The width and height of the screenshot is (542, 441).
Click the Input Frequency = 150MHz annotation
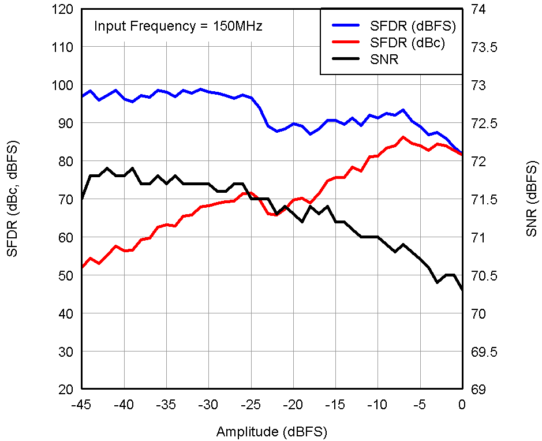click(x=178, y=27)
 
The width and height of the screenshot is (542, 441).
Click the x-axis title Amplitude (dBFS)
click(x=272, y=432)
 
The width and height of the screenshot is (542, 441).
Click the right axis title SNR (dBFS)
click(x=531, y=199)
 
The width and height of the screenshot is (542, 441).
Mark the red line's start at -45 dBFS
click(x=83, y=267)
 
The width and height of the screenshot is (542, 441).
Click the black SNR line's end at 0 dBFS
click(x=462, y=290)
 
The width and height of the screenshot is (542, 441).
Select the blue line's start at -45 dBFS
click(x=83, y=96)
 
